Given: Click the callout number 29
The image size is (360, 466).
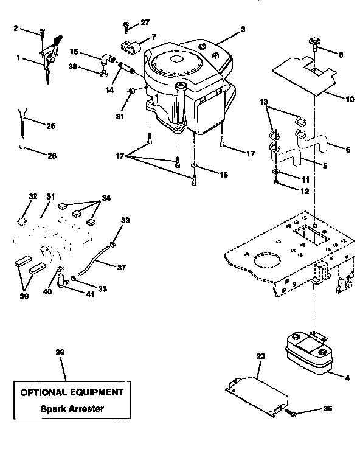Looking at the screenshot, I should pyautogui.click(x=60, y=352).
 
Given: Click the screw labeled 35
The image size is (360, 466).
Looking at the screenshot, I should pyautogui.click(x=292, y=414).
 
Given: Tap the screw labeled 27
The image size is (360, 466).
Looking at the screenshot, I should pyautogui.click(x=126, y=26).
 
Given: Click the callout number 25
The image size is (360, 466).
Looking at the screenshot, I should pyautogui.click(x=50, y=126).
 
